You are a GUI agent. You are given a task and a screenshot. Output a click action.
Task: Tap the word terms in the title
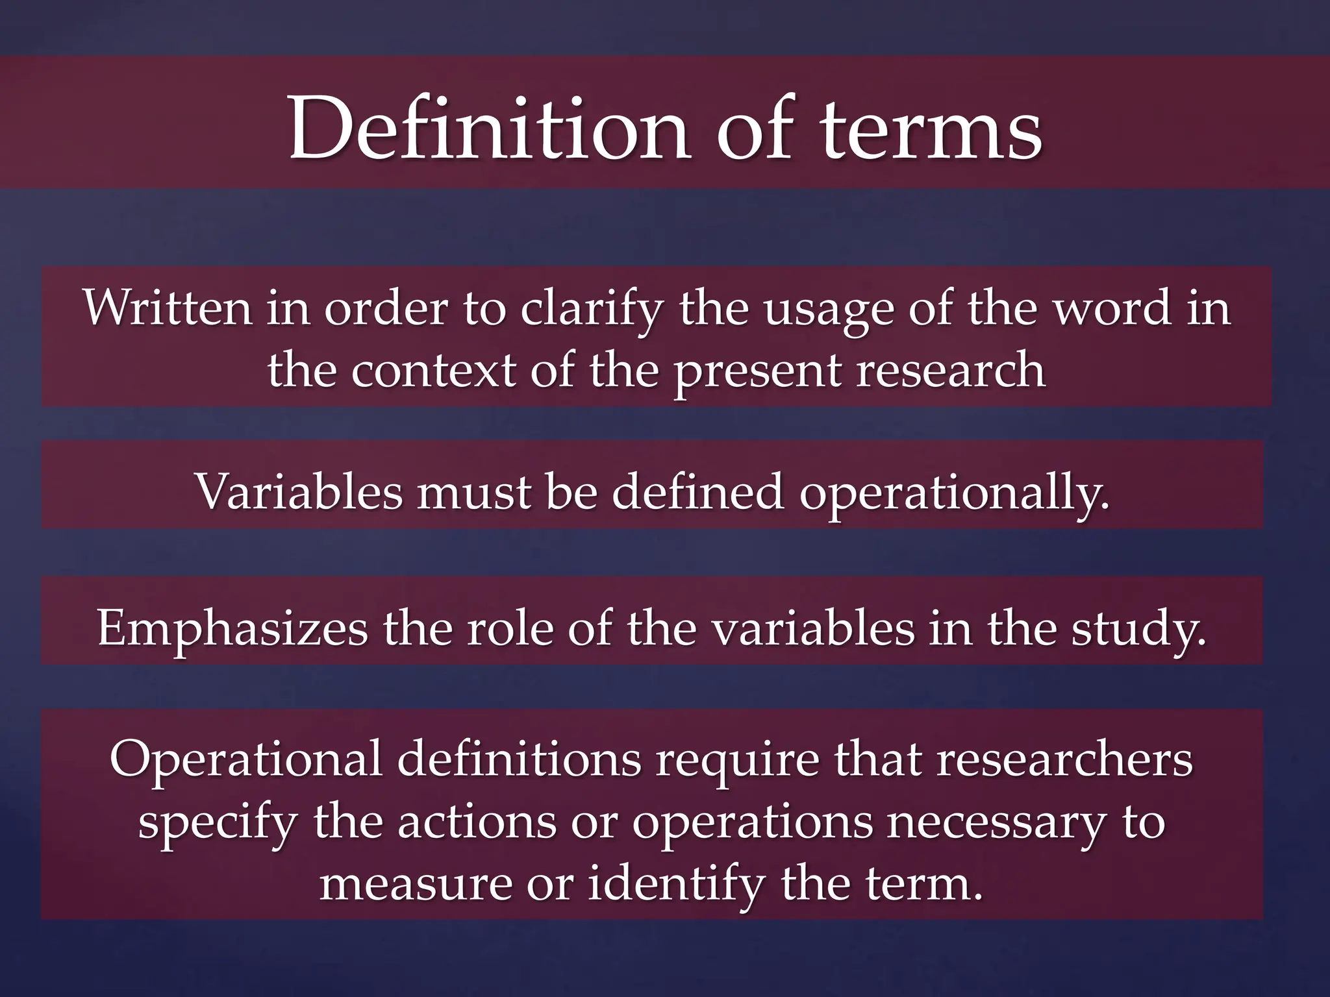(x=932, y=130)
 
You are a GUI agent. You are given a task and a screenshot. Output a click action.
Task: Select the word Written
(x=168, y=308)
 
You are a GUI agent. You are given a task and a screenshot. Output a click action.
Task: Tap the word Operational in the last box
(x=246, y=760)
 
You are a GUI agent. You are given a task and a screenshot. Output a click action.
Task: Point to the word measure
(x=416, y=883)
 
